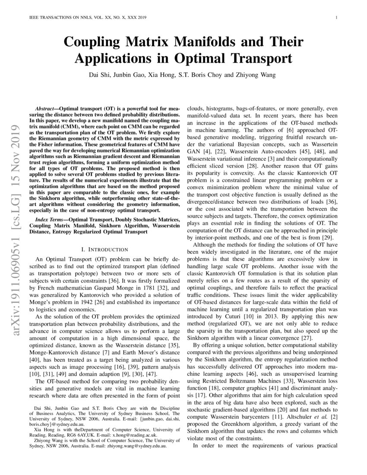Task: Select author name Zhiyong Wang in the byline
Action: pyautogui.click(x=254, y=76)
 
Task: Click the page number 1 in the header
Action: pyautogui.click(x=336, y=18)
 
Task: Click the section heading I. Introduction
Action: pyautogui.click(x=104, y=249)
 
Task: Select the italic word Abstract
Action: pyautogui.click(x=44, y=106)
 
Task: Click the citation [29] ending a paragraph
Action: pyautogui.click(x=327, y=237)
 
